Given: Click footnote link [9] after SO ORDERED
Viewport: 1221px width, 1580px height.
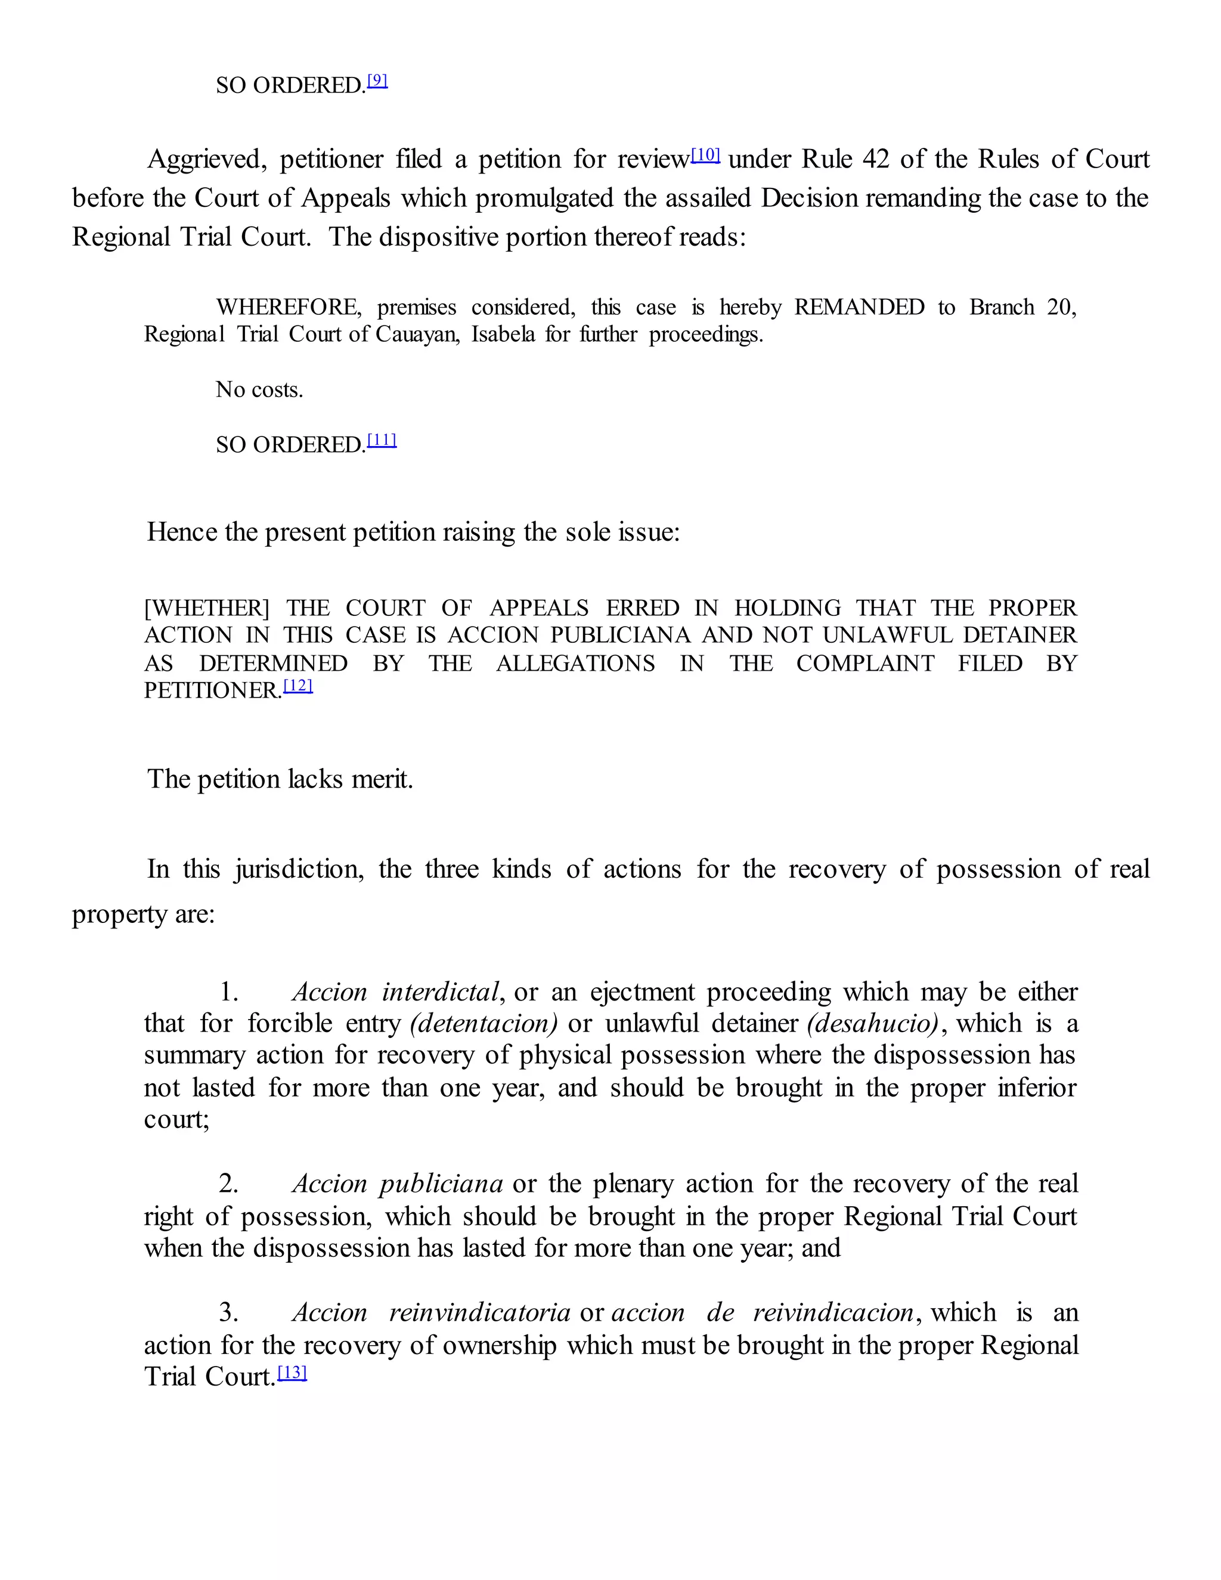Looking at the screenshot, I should pos(377,80).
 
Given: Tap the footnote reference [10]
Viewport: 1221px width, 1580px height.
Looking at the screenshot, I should pos(705,154).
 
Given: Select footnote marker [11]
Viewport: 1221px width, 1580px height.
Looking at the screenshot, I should pos(382,440).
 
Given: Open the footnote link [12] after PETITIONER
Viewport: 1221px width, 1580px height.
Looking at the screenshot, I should pos(298,685).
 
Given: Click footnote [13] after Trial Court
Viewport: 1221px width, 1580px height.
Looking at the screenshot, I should pos(292,1372).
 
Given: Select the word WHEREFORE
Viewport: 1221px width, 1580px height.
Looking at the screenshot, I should pos(289,308).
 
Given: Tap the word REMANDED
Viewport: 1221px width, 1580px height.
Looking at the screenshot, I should pos(859,308).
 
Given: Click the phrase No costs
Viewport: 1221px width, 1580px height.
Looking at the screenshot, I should pos(259,390).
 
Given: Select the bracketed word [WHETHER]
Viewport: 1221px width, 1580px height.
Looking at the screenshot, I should pos(207,608).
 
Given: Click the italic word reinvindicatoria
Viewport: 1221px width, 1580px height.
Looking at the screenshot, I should pos(479,1312).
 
